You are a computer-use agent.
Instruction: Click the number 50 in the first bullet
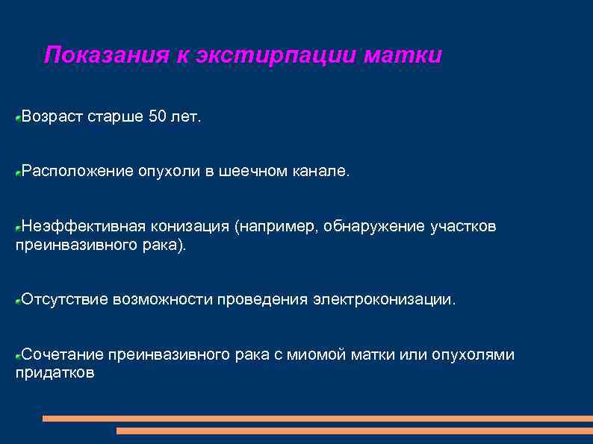(x=158, y=116)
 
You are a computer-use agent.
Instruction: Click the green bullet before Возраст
(x=18, y=118)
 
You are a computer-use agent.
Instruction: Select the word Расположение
(x=77, y=172)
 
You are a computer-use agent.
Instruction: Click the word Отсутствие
(x=65, y=299)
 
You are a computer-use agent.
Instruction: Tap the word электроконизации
(x=383, y=299)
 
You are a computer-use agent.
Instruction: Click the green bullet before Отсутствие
(x=18, y=301)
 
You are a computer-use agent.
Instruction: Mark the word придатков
(x=55, y=373)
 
